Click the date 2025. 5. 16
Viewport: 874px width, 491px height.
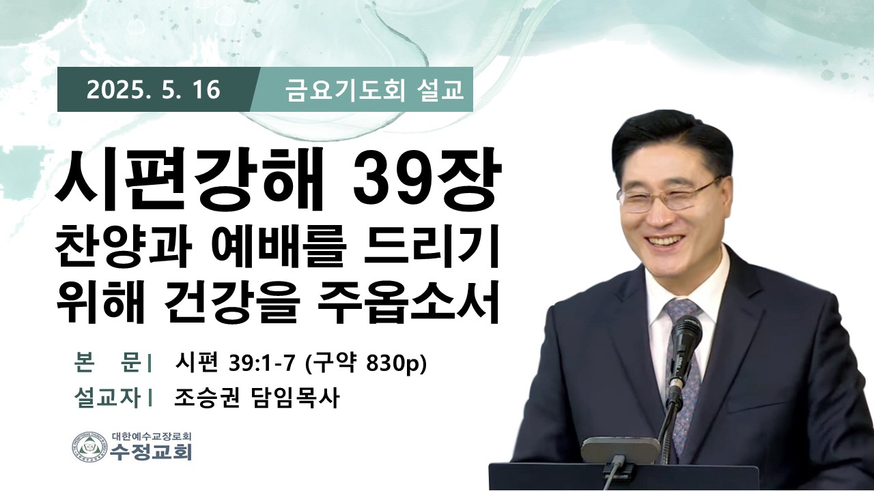coord(154,89)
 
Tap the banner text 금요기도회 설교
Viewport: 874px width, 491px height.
coord(375,90)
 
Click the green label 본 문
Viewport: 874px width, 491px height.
coord(107,364)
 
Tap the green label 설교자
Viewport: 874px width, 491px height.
coord(107,398)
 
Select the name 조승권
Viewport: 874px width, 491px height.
coord(206,398)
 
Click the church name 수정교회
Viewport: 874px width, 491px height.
coord(152,452)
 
